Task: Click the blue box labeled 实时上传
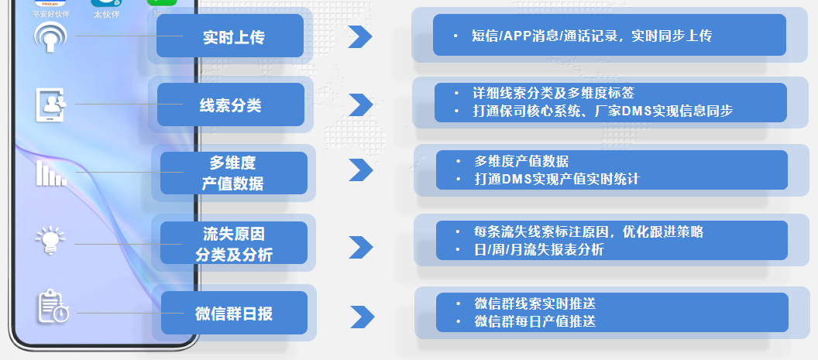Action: pos(230,36)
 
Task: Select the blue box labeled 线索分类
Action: pos(230,105)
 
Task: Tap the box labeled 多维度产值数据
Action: pos(233,173)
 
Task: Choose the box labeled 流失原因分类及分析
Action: pos(233,242)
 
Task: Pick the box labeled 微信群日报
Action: pos(233,314)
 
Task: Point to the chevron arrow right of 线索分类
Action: pos(360,104)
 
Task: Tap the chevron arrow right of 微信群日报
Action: pos(362,316)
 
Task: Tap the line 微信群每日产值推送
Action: pos(534,321)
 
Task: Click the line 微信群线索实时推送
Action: pos(534,303)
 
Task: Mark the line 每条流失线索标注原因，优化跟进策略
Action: pos(589,231)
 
